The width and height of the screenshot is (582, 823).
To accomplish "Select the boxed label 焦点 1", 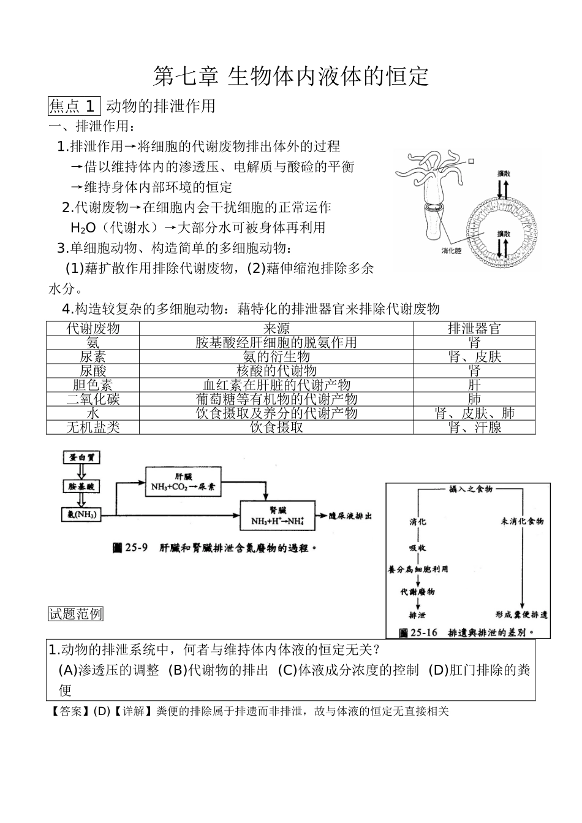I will coord(73,106).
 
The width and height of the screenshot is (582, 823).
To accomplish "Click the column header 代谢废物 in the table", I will coord(93,328).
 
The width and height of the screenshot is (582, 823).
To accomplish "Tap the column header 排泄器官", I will coord(474,328).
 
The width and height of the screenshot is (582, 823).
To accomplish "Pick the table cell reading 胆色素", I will coord(93,385).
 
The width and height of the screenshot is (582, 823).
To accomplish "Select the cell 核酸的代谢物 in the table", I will coord(276,370).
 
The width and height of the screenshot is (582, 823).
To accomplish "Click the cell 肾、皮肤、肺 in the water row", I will coord(474,413).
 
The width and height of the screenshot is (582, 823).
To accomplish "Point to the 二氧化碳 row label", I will coord(93,399).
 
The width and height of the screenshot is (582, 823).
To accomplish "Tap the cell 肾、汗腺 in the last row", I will coord(474,427).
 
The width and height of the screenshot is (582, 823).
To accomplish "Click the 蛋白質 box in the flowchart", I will coord(81,457).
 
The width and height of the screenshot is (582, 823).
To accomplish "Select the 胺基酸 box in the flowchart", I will coord(81,486).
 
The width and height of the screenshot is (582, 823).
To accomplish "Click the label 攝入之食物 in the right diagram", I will coord(470,489).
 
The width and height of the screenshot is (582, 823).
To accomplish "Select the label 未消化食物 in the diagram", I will coord(522,521).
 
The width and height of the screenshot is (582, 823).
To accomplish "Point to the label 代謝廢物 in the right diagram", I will coord(418,592).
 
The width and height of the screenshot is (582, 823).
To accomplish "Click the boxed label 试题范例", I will coord(75,614).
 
